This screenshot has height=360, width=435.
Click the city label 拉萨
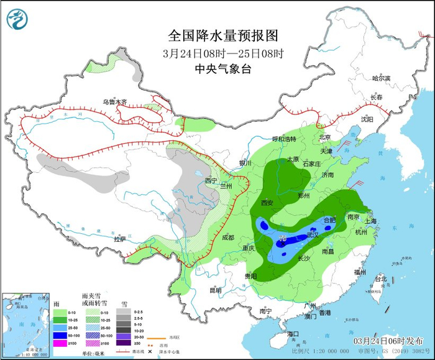(120, 239)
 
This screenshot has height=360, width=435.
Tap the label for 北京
(324, 137)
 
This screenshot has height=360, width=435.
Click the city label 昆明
(215, 290)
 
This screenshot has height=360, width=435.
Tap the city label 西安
(267, 203)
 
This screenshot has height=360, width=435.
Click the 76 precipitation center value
(283, 239)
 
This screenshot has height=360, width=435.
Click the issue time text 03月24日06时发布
(388, 341)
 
